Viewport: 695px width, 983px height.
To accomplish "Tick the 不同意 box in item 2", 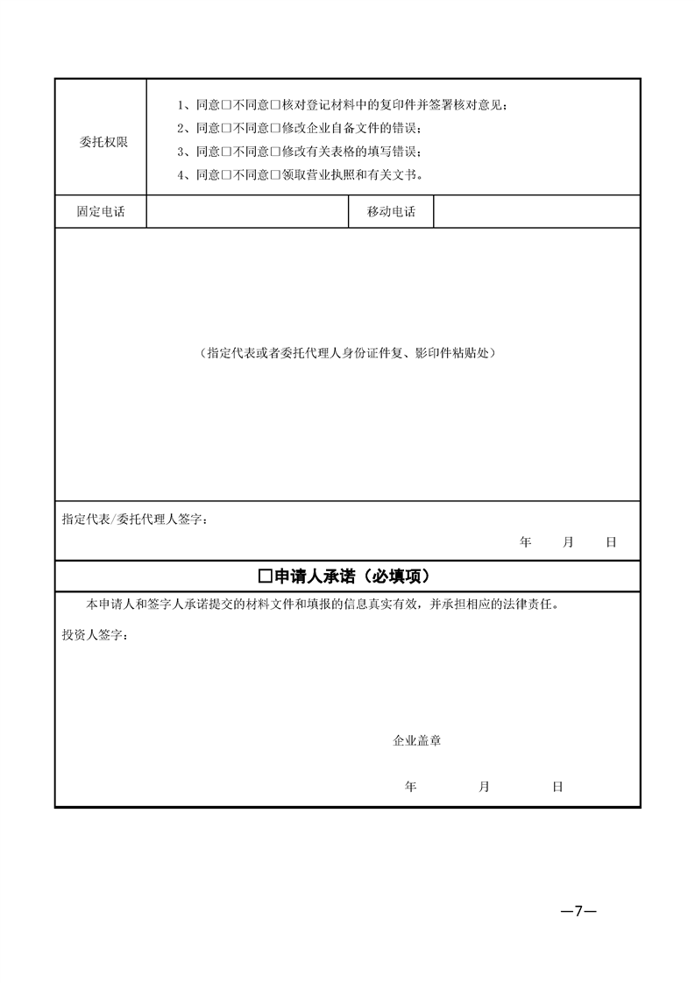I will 274,128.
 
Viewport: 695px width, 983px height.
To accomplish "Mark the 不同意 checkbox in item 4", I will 274,174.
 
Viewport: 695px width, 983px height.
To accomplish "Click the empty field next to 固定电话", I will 247,212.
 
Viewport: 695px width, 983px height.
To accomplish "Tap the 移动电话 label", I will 392,212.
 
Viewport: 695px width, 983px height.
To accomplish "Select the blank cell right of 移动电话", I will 536,212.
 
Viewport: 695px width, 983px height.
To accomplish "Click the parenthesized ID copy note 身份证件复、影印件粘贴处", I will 347,353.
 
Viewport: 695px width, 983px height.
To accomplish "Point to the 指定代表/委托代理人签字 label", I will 133,519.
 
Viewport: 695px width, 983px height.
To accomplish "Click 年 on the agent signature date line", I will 526,542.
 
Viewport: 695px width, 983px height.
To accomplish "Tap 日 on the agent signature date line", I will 611,542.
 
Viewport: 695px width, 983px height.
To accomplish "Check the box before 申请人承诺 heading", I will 266,576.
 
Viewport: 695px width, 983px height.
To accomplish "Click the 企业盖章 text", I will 416,740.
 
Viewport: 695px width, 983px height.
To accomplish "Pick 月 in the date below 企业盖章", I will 484,787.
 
